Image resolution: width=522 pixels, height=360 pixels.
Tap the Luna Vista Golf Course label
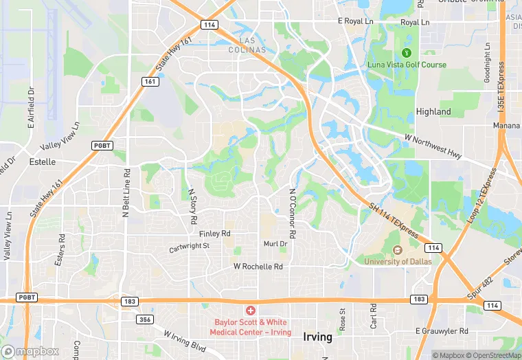coord(407,65)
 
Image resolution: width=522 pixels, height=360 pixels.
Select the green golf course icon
coord(406,52)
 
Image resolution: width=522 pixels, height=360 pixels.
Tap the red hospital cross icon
coord(250,311)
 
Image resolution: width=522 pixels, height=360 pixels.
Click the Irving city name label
coord(317,337)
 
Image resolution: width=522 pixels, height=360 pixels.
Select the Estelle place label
coord(43,162)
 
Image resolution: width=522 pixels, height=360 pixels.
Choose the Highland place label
coord(433,111)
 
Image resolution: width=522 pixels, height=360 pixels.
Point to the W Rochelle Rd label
coord(258,266)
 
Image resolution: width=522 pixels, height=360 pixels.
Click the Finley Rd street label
coord(214,234)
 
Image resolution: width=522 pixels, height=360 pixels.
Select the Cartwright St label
coord(190,245)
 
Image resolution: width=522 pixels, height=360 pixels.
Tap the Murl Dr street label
coord(275,244)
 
